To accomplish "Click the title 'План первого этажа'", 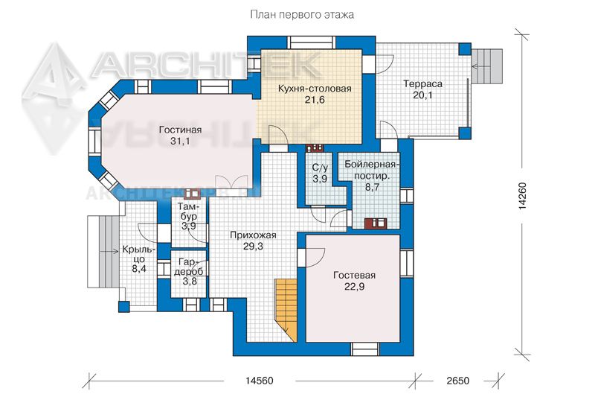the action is (x=302, y=15).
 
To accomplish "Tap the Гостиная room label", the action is (x=180, y=130).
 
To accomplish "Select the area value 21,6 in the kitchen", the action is (x=315, y=100).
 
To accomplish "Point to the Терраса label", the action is (x=422, y=83).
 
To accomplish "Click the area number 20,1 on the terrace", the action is (x=422, y=95).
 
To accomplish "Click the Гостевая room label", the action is (x=354, y=276).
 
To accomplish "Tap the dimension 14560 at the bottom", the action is (x=259, y=381).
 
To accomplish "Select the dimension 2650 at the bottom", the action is (x=457, y=381).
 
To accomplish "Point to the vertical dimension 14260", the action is (x=523, y=196).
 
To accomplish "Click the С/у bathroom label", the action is (x=320, y=168).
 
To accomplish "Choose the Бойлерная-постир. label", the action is (x=371, y=171).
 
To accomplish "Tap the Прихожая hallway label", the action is (x=253, y=235).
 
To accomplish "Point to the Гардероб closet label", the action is (x=189, y=267).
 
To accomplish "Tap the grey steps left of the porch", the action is (x=103, y=252).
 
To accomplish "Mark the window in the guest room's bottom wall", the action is (x=364, y=349).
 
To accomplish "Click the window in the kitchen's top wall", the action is (x=311, y=42).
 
